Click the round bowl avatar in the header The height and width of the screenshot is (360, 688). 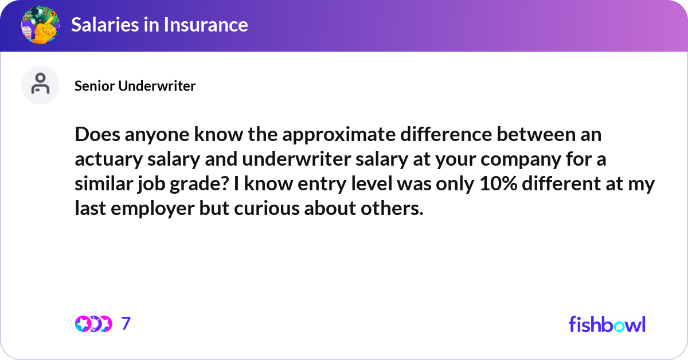(40, 25)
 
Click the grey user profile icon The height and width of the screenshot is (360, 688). (40, 85)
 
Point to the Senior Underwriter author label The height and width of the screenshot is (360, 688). (135, 86)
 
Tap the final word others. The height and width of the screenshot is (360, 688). (396, 209)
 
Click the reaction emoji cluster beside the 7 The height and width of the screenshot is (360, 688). (93, 324)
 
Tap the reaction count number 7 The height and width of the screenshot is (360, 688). (126, 324)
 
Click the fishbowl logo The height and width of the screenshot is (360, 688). (607, 324)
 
